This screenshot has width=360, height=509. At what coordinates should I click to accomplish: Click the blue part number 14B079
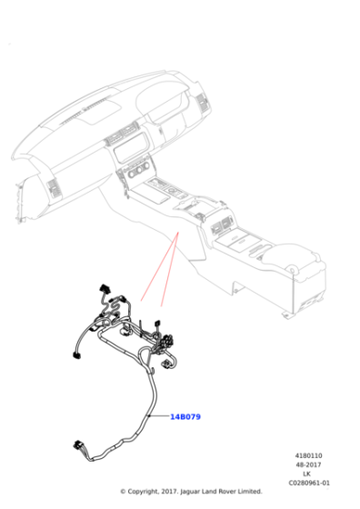[x=185, y=416]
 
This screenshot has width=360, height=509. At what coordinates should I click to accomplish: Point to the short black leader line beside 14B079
[x=159, y=416]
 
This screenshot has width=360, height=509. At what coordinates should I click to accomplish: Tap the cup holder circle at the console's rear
[x=293, y=267]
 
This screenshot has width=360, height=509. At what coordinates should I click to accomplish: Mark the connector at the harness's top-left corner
[x=101, y=293]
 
